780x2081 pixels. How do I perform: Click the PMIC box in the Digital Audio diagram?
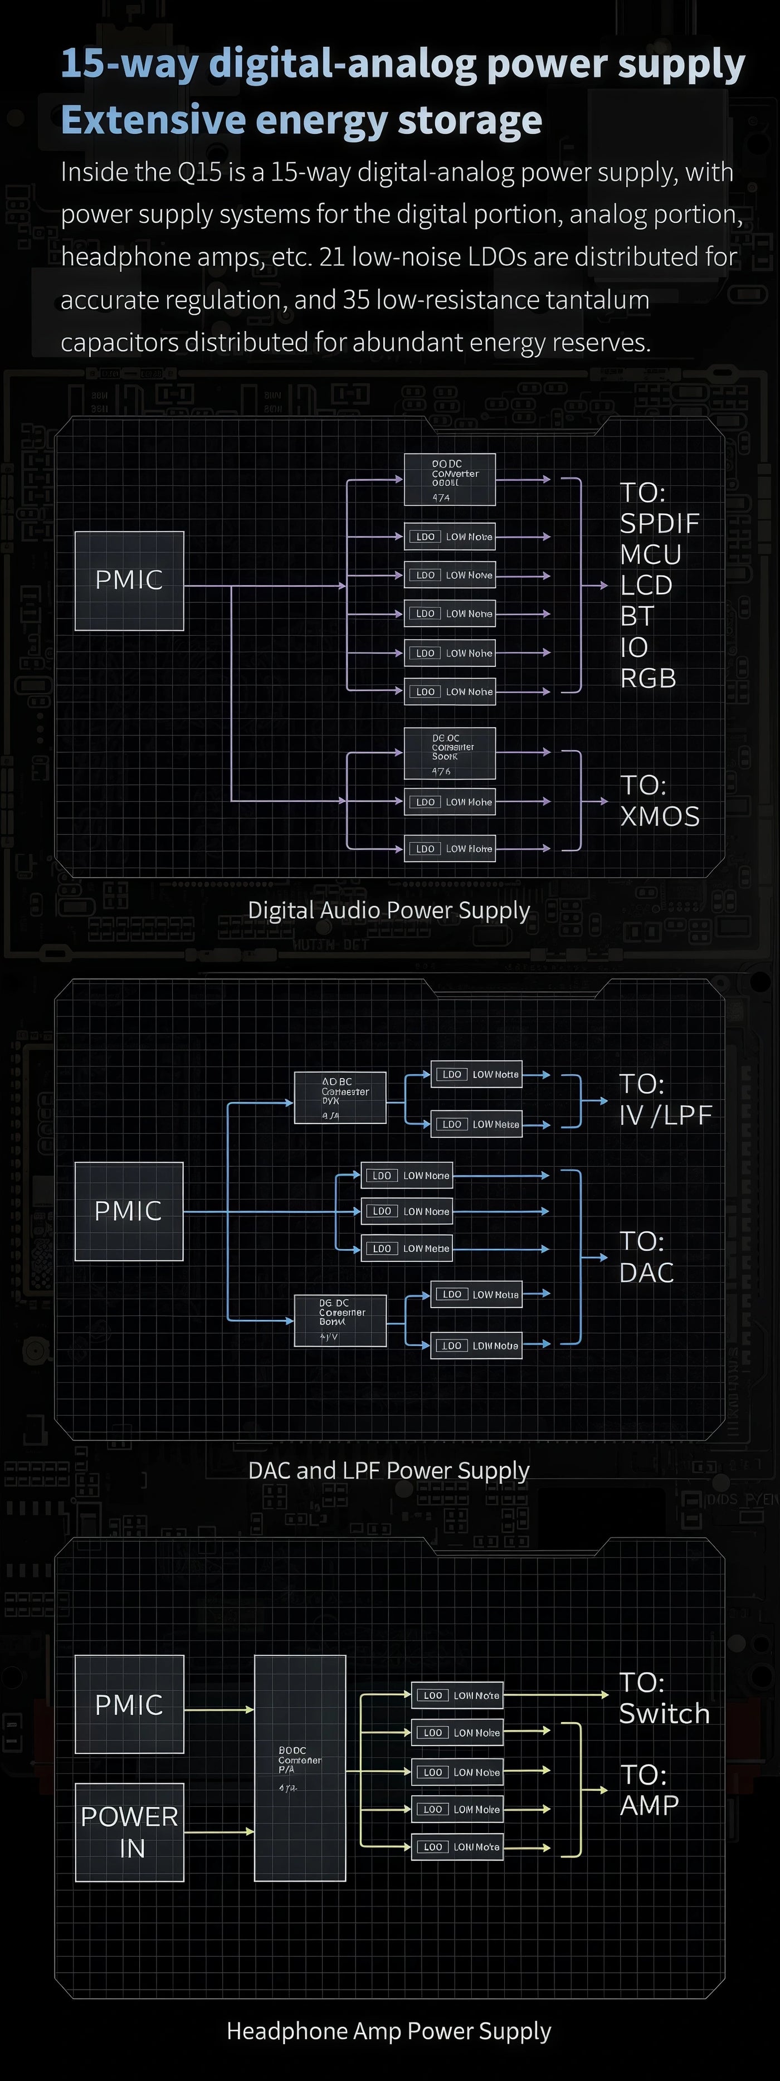(x=129, y=580)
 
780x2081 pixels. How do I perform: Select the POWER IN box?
(x=129, y=1831)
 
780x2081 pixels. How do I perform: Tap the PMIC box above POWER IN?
(x=129, y=1704)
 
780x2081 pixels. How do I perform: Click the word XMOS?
(x=660, y=816)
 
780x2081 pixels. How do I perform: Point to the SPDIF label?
(x=659, y=524)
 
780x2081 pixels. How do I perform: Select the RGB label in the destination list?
(x=647, y=678)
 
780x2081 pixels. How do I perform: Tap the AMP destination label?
(x=649, y=1805)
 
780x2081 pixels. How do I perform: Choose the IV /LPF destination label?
(x=665, y=1115)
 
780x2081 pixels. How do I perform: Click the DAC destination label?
(x=646, y=1273)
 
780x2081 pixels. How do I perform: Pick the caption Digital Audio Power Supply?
(x=388, y=910)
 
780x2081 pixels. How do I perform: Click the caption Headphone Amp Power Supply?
(x=388, y=2030)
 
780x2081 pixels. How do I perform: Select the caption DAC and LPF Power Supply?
(x=388, y=1470)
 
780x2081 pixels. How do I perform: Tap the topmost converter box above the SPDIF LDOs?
(x=449, y=480)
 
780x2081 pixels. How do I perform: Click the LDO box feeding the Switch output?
(x=457, y=1695)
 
